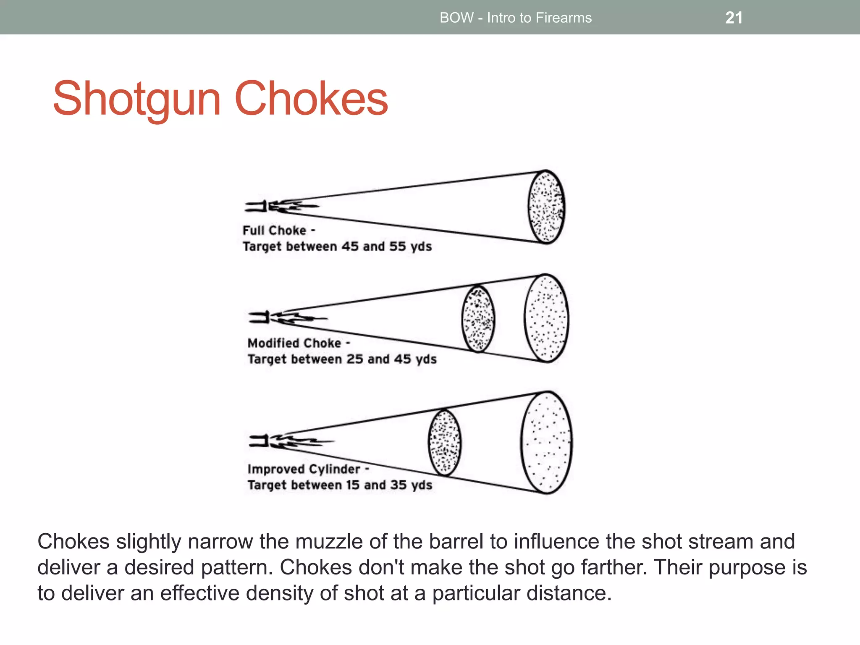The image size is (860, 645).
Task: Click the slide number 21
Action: tap(734, 18)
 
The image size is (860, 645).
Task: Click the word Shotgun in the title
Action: tap(136, 99)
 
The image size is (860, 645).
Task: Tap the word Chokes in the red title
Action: tap(311, 99)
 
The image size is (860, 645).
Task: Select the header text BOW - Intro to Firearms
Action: tap(515, 18)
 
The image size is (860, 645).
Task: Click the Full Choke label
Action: tap(275, 231)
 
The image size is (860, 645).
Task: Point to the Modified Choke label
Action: tap(294, 343)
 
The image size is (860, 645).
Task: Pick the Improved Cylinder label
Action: tap(304, 469)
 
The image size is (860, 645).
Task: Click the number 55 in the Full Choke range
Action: tap(397, 246)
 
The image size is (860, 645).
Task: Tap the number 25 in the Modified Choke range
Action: tap(355, 359)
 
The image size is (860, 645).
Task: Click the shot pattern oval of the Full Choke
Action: tap(546, 207)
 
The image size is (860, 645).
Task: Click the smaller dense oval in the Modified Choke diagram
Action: tap(478, 319)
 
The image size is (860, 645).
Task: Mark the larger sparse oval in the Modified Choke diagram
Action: tap(546, 318)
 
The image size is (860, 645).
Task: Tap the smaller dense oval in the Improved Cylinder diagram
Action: tap(445, 443)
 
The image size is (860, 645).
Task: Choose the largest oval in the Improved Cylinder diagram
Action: tap(546, 443)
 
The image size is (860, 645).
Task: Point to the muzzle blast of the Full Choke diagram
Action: tap(281, 206)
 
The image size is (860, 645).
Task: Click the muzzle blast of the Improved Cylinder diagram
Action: tap(290, 441)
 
